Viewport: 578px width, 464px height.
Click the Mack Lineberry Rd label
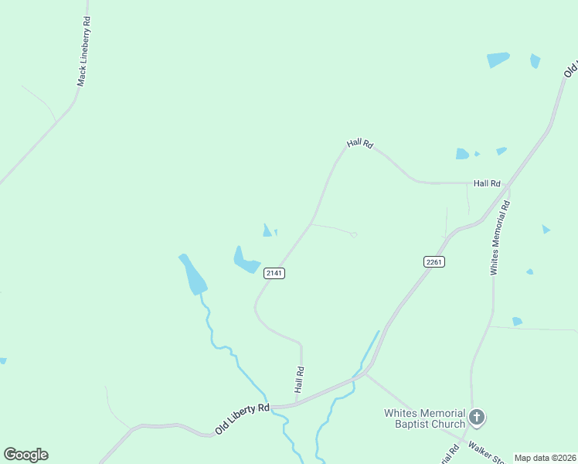point(84,53)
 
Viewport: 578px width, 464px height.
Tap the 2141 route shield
point(274,273)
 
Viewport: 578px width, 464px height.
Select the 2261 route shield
point(433,262)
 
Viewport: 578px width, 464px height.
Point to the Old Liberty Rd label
point(242,418)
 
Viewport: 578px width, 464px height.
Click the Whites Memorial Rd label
point(500,238)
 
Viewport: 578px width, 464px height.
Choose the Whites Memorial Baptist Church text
point(425,418)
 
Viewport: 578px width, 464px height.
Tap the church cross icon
point(477,418)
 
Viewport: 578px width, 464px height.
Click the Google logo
point(25,455)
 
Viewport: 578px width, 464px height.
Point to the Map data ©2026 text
point(546,458)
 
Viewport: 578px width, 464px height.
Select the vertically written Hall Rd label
point(300,379)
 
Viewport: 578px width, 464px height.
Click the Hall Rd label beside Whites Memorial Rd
point(487,183)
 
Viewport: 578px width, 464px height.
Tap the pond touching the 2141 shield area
point(246,261)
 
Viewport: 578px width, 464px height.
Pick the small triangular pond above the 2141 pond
point(267,230)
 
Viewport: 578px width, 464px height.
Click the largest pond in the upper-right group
point(498,60)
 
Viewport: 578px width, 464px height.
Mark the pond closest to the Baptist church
point(517,321)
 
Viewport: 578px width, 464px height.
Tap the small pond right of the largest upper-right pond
point(535,60)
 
